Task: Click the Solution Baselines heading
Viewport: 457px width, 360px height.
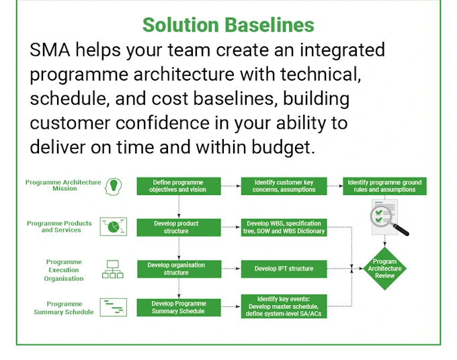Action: tap(228, 25)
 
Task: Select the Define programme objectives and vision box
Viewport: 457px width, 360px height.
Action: tap(178, 186)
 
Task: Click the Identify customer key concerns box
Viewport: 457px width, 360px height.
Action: tap(284, 186)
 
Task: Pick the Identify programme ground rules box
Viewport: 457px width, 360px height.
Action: tap(385, 186)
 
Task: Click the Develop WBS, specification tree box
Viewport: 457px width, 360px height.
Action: tap(284, 227)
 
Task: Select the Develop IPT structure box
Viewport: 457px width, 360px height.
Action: tap(284, 269)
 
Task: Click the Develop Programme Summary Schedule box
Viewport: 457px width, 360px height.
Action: tap(178, 308)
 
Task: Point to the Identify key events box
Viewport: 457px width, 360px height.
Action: tap(284, 306)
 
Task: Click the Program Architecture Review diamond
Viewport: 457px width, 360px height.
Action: tap(384, 268)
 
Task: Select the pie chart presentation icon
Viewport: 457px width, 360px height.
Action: tap(113, 226)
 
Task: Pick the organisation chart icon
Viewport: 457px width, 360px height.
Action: tap(113, 269)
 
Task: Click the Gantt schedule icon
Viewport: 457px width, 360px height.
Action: tap(113, 308)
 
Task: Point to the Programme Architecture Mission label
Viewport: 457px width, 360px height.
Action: tap(63, 185)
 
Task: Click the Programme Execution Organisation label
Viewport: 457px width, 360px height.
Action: tap(65, 270)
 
